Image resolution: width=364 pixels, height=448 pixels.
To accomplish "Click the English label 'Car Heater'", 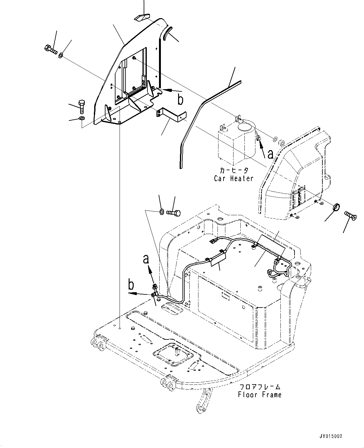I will click(233, 178).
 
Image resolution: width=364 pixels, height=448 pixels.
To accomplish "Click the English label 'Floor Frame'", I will click(259, 395).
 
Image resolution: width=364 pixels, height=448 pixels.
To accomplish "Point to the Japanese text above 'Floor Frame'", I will click(260, 387).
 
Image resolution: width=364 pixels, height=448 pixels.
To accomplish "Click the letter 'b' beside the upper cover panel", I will click(180, 100).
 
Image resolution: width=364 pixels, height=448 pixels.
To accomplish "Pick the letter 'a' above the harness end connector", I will click(146, 259).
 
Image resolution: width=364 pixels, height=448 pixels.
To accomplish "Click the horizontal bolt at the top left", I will click(51, 49).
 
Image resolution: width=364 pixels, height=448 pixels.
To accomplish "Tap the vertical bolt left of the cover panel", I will click(81, 107).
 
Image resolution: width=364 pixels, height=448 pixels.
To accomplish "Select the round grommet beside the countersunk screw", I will click(335, 207).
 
